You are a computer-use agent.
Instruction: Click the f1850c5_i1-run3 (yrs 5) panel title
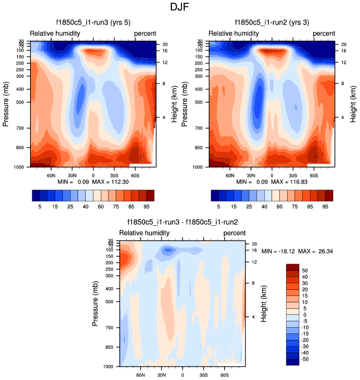(x=93, y=23)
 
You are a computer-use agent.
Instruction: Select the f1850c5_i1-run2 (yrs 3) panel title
(x=272, y=23)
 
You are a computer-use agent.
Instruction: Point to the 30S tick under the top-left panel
(x=114, y=174)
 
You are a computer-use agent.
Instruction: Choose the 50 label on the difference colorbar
(x=305, y=269)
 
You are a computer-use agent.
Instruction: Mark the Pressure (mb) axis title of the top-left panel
(x=6, y=104)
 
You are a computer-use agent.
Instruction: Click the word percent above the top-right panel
(x=324, y=33)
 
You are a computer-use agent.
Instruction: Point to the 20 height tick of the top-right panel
(x=344, y=44)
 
